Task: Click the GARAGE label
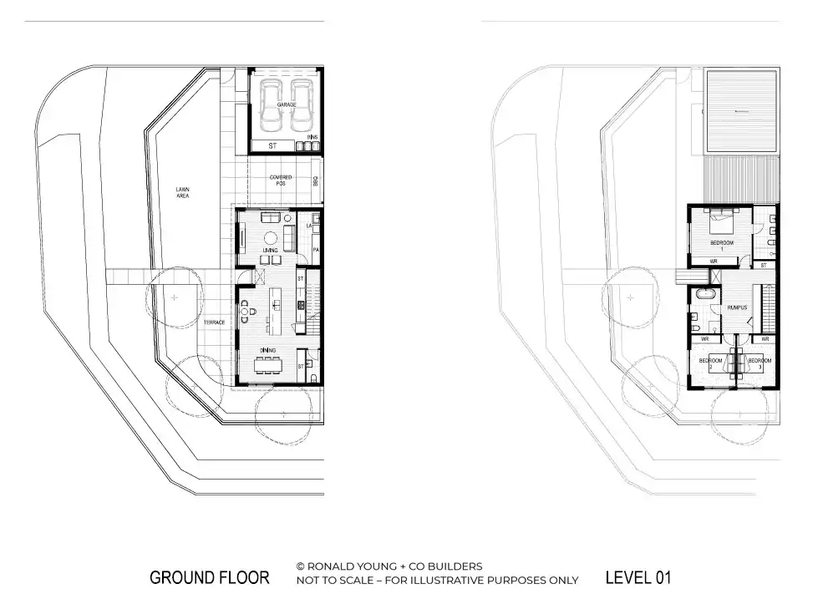click(x=287, y=104)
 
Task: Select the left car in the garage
click(x=270, y=106)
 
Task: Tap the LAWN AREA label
click(x=182, y=193)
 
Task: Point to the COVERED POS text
click(x=281, y=180)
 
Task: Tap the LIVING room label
click(x=270, y=250)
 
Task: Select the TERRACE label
click(x=213, y=322)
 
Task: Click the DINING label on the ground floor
click(x=267, y=350)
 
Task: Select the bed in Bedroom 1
click(x=722, y=223)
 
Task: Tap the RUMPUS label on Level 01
click(x=736, y=307)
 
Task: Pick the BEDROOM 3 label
click(x=759, y=363)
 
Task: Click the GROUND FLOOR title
click(x=209, y=577)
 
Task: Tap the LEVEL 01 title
click(x=638, y=577)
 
